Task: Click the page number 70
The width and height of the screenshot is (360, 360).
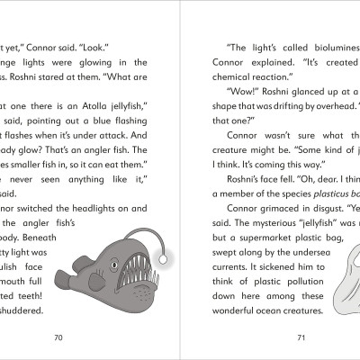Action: coord(58,337)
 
